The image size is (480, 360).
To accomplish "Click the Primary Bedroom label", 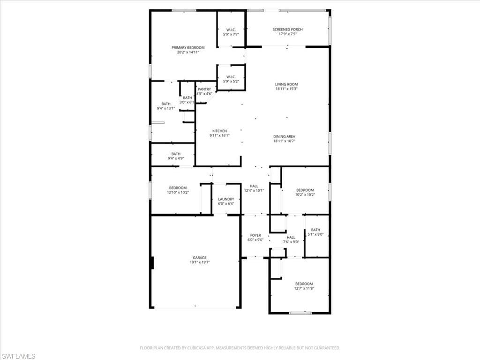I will [x=188, y=48].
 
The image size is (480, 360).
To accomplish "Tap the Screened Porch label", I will [x=287, y=30].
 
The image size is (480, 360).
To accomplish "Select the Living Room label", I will [x=286, y=84].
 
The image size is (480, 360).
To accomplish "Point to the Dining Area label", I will [x=284, y=136].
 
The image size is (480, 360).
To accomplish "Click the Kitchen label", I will [x=219, y=131].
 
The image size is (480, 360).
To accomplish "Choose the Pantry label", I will [x=204, y=89].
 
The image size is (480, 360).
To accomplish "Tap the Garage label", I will [x=199, y=257].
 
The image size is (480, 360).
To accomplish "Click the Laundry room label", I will [x=226, y=199].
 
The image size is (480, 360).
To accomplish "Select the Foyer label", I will [x=255, y=235].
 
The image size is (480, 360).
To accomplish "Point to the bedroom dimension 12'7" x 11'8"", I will [x=304, y=289].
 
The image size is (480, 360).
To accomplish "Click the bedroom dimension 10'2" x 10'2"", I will [x=305, y=195].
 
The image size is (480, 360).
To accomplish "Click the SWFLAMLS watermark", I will [x=18, y=356].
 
